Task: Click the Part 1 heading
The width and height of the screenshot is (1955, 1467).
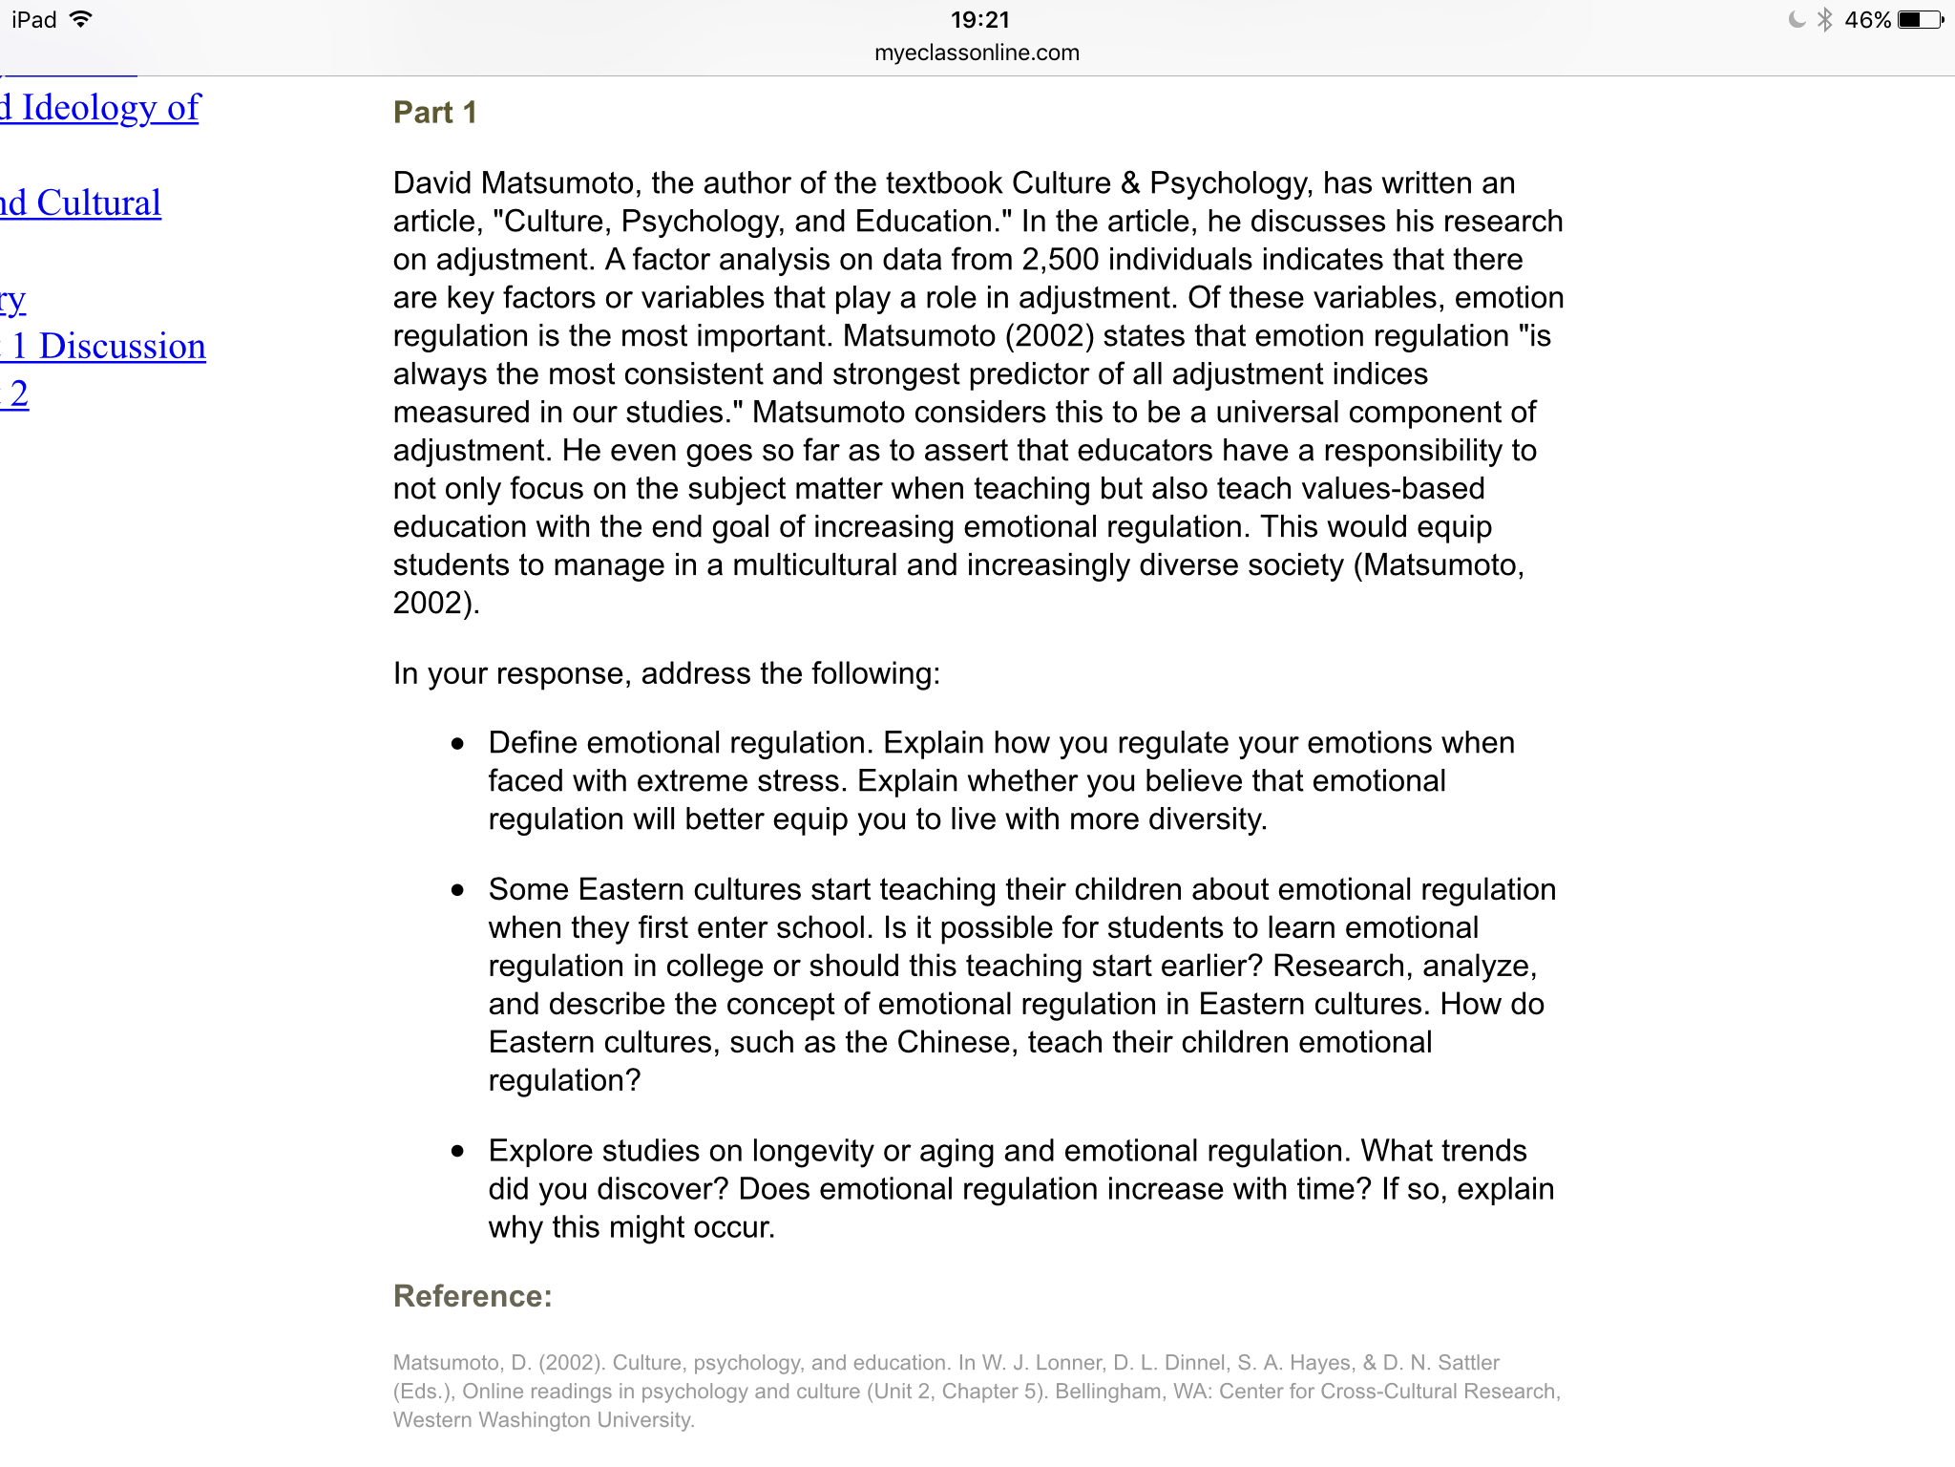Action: pos(434,113)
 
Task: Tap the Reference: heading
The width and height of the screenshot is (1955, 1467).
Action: pos(473,1296)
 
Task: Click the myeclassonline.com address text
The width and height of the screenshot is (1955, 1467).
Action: pos(977,53)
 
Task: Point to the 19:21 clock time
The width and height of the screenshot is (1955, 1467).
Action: pos(979,20)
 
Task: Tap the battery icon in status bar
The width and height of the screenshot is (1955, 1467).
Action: pos(1920,20)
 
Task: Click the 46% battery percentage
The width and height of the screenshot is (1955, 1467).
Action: pos(1867,20)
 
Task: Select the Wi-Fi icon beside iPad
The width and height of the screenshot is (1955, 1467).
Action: pos(82,19)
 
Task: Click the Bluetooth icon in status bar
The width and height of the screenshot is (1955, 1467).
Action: pos(1825,20)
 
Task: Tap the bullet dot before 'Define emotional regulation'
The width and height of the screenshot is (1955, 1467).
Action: pos(458,743)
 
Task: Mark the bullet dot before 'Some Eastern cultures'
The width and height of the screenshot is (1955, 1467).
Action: pos(458,890)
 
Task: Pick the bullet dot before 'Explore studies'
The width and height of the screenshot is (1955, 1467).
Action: pos(458,1151)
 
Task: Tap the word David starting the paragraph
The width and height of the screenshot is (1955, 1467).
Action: pos(432,183)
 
